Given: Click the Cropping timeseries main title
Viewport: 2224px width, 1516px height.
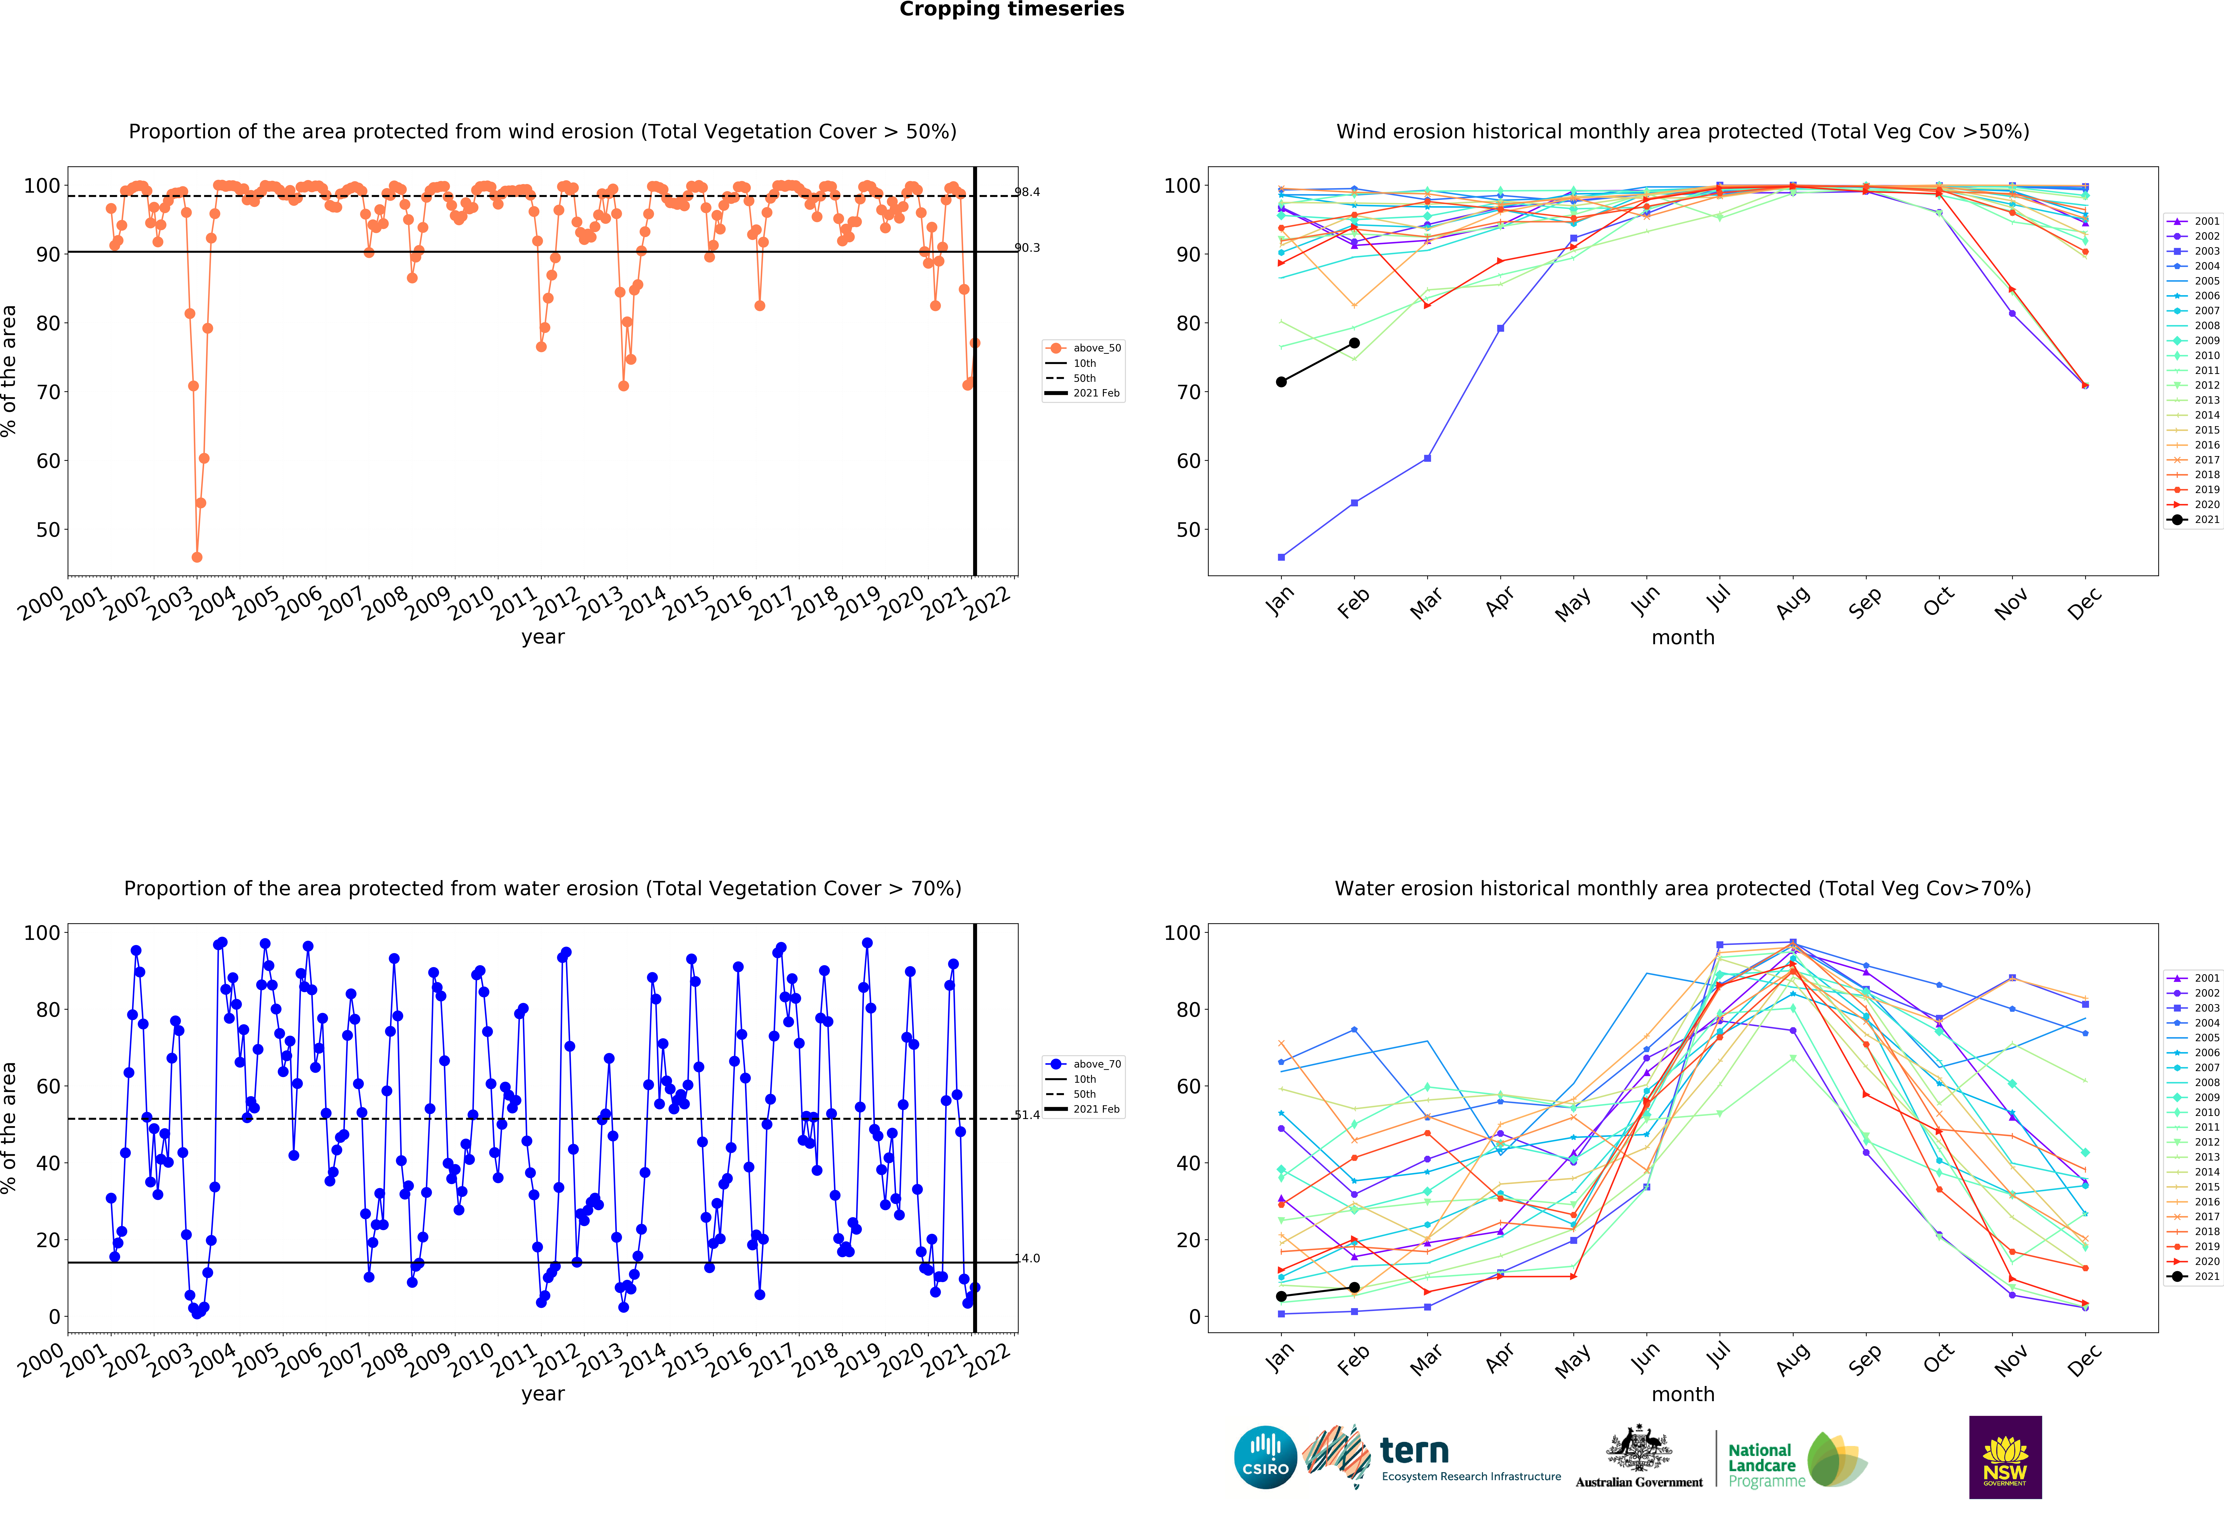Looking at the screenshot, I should click(1012, 9).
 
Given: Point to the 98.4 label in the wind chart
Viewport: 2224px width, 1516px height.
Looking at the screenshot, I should click(1027, 192).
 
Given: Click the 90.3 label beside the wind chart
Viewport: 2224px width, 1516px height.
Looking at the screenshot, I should click(1027, 248).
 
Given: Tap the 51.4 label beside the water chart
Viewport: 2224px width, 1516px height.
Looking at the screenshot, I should click(1027, 1115).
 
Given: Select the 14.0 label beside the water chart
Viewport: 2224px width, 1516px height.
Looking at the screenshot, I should click(1027, 1259).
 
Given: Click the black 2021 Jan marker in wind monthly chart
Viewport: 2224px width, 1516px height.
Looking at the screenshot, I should click(1281, 382).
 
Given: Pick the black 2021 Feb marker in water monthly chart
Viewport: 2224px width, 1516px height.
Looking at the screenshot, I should click(1354, 1287).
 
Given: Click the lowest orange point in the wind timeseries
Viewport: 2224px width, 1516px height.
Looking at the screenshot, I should click(197, 557).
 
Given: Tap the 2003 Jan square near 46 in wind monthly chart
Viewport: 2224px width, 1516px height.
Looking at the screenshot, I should click(1281, 557).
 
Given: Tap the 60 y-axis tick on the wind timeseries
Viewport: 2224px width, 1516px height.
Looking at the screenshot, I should click(48, 461).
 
